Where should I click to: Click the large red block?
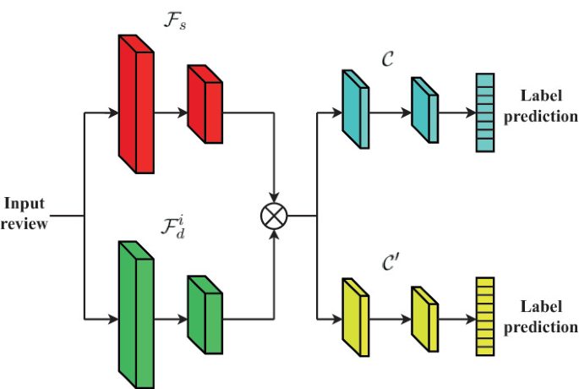pyautogui.click(x=135, y=106)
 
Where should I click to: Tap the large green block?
pyautogui.click(x=135, y=314)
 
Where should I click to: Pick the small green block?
pyautogui.click(x=204, y=314)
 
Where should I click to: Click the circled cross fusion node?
pyautogui.click(x=274, y=216)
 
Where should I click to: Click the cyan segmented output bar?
pyautogui.click(x=484, y=112)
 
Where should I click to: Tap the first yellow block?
pyautogui.click(x=353, y=317)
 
